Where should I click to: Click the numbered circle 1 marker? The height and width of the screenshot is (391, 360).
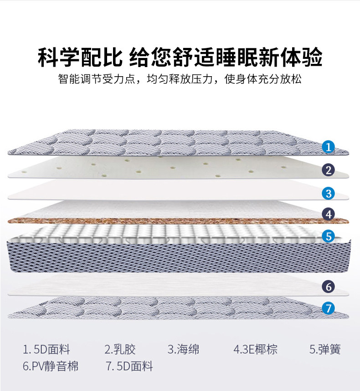pyautogui.click(x=328, y=147)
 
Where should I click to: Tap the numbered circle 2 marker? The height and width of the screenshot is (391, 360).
pyautogui.click(x=328, y=170)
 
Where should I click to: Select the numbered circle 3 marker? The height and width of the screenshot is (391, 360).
pyautogui.click(x=328, y=193)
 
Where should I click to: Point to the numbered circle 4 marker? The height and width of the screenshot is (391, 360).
pyautogui.click(x=328, y=214)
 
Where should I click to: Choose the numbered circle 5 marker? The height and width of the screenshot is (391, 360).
pyautogui.click(x=328, y=236)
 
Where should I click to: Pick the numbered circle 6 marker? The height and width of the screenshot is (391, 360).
pyautogui.click(x=328, y=287)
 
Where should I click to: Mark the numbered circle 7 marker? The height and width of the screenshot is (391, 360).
pyautogui.click(x=328, y=308)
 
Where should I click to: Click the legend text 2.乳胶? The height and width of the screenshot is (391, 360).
pyautogui.click(x=120, y=350)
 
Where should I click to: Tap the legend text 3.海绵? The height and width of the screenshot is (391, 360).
pyautogui.click(x=183, y=350)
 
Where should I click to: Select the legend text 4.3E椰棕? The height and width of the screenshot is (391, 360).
pyautogui.click(x=255, y=350)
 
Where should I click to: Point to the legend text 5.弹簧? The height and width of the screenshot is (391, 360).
pyautogui.click(x=325, y=350)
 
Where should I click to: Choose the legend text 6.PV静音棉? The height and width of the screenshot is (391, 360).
pyautogui.click(x=50, y=366)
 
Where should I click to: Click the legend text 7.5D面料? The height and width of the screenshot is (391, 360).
pyautogui.click(x=129, y=366)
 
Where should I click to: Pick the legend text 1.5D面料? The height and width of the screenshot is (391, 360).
pyautogui.click(x=46, y=350)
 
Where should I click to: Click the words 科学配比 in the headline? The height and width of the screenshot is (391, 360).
pyautogui.click(x=80, y=58)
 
